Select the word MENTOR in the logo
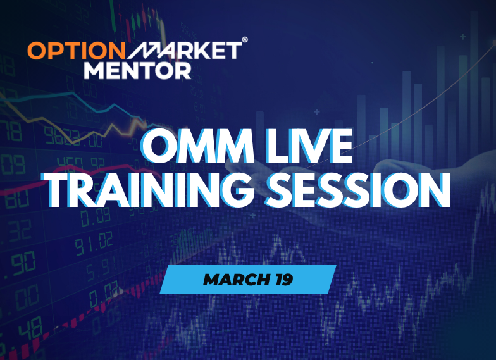137,68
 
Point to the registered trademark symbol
245,39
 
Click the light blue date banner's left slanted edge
166,280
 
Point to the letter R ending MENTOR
182,68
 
